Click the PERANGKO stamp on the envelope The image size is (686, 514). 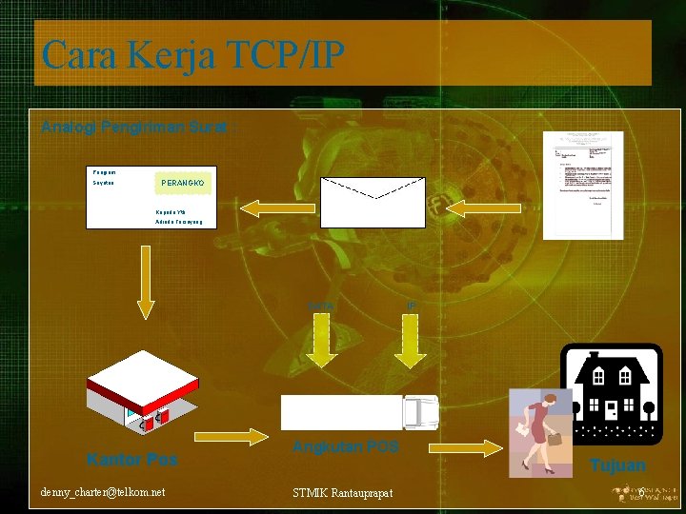[x=182, y=182]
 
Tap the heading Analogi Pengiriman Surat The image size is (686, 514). [x=133, y=126]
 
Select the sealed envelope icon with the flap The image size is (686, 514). [x=373, y=202]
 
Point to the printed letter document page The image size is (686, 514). [x=583, y=185]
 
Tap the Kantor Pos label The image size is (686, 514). [x=132, y=460]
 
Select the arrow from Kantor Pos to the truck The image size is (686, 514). [x=232, y=438]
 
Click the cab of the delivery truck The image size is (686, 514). [x=420, y=412]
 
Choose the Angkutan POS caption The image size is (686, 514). [x=345, y=446]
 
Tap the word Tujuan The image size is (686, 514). [x=617, y=465]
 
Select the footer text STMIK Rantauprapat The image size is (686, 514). [x=343, y=492]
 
